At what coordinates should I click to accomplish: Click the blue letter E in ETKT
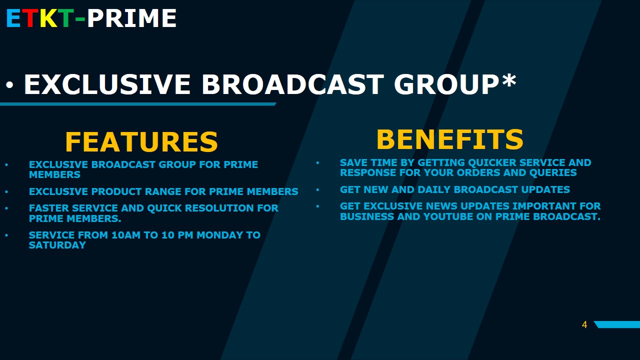coord(13,18)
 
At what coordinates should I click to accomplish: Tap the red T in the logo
coord(30,18)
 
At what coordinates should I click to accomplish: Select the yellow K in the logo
coord(48,18)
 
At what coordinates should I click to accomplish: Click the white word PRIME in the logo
coord(131,18)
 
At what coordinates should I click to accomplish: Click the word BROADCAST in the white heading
coord(293,84)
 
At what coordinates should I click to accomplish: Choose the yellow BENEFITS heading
coord(450,139)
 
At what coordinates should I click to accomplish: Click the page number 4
coord(584,324)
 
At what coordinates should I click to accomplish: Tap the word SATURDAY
coord(57,245)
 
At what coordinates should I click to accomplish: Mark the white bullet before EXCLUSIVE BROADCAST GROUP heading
coord(9,85)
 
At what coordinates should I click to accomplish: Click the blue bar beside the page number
coord(617,324)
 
